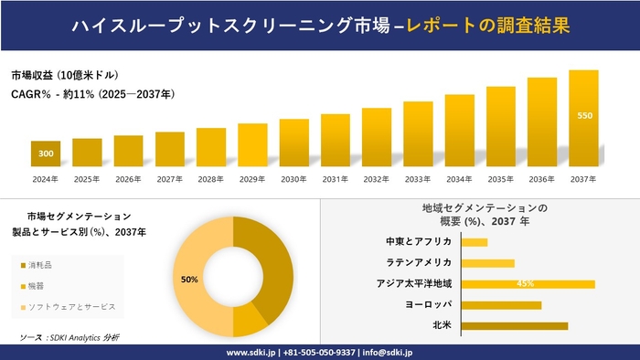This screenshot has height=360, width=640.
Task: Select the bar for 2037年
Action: (583, 119)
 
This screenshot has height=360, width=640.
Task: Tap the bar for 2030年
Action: (293, 143)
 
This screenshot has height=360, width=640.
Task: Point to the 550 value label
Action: (584, 116)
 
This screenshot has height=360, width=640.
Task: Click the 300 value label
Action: (46, 154)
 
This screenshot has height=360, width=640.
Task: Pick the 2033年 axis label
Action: (418, 179)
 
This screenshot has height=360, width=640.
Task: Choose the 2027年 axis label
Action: (169, 179)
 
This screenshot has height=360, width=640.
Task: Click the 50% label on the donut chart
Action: (190, 280)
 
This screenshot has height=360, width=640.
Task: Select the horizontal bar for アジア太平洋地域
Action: (528, 283)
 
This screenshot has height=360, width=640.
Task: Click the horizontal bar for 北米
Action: (515, 325)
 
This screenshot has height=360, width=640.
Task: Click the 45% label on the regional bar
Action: (525, 283)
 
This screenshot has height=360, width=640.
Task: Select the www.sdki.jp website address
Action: (252, 352)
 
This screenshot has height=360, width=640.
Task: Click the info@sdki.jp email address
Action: (388, 352)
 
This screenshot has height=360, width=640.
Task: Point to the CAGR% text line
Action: (93, 94)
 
